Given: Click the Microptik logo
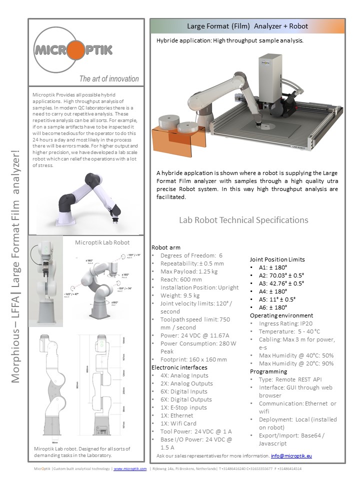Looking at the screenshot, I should (x=73, y=50).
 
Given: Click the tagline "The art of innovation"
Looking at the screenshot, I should (x=109, y=78).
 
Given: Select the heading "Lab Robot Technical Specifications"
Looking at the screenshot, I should (x=243, y=220).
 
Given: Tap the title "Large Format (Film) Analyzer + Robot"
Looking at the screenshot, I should (x=247, y=26).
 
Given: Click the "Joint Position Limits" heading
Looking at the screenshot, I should (x=276, y=259).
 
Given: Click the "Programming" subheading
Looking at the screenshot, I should (x=268, y=371).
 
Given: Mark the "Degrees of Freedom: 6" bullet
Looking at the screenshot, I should (x=191, y=255).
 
